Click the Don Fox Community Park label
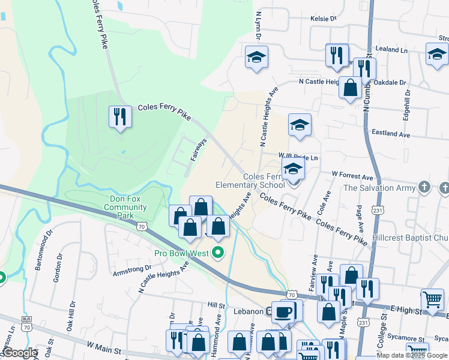[x=125, y=207]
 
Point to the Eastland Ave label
[x=390, y=136]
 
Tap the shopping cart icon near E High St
[x=432, y=300]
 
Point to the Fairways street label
[x=198, y=150]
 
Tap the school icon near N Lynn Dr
[x=257, y=58]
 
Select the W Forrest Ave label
[x=353, y=177]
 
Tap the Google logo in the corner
[x=19, y=353]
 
